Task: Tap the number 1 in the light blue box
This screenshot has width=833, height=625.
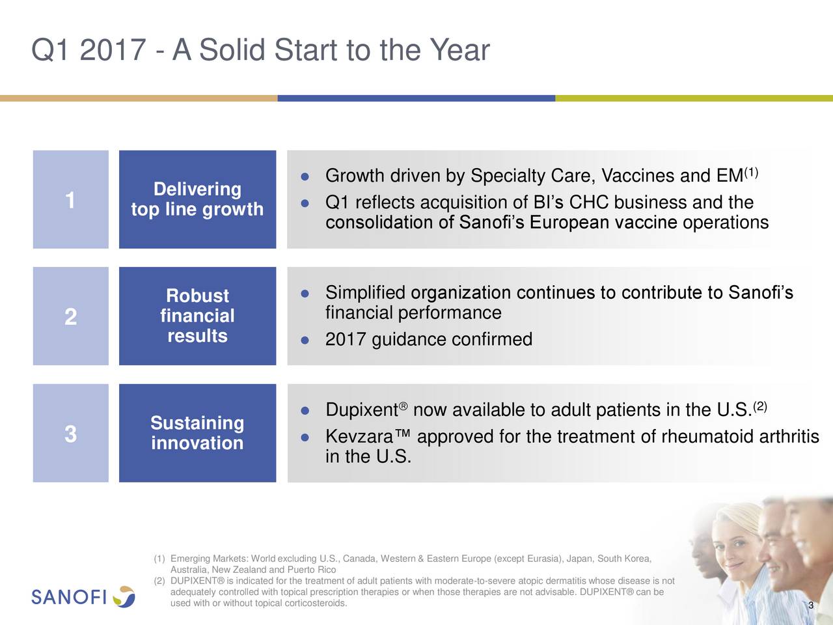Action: [x=70, y=200]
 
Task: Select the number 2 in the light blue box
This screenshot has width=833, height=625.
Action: [x=70, y=317]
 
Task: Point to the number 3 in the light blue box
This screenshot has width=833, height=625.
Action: [x=70, y=434]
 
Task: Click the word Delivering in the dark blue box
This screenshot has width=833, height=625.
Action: [x=197, y=189]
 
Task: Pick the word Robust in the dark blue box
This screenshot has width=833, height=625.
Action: [x=197, y=296]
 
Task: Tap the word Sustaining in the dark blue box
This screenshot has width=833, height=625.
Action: [x=197, y=423]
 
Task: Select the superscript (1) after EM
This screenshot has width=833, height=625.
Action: [x=752, y=173]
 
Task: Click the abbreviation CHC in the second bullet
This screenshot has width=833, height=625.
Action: [x=589, y=202]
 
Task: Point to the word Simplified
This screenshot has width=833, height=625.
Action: [x=365, y=293]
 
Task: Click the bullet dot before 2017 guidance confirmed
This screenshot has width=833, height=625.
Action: [x=304, y=340]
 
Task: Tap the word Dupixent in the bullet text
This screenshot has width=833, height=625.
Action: [x=361, y=410]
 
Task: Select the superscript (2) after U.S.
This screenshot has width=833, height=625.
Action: [x=760, y=407]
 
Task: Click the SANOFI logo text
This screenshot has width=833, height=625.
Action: [x=69, y=597]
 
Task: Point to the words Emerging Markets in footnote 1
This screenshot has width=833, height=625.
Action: [x=208, y=559]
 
